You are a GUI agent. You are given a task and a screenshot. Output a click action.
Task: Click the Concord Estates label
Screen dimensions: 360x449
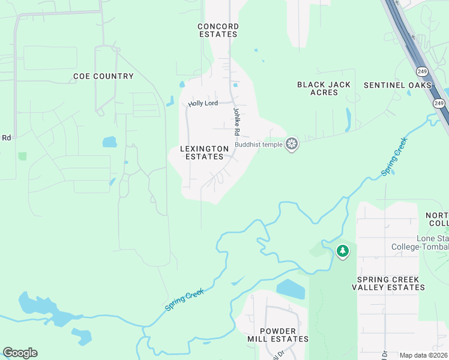(218, 30)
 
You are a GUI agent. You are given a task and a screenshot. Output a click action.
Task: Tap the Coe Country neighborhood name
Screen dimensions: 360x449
(103, 76)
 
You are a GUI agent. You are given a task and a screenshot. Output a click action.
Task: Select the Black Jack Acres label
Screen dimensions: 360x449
(324, 88)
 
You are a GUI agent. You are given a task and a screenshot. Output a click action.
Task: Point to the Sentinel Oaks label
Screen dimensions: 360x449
(397, 85)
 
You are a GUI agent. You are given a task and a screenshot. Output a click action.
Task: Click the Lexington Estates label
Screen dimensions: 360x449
(204, 152)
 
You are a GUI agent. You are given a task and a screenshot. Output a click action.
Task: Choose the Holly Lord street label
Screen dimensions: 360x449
(202, 104)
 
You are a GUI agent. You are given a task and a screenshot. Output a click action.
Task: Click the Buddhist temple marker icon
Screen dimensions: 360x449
(292, 143)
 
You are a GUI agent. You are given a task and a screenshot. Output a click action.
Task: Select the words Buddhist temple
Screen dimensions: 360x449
(259, 144)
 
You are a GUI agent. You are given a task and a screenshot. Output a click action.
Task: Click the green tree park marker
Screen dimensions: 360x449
(342, 251)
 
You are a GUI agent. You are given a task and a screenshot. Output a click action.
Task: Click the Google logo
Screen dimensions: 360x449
(20, 353)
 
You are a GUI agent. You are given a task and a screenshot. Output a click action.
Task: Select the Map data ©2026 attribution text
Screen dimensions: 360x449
(423, 355)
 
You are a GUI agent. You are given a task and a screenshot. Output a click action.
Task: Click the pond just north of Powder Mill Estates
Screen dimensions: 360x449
(291, 289)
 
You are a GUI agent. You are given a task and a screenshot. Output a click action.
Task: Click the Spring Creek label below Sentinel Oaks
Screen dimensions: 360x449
(394, 157)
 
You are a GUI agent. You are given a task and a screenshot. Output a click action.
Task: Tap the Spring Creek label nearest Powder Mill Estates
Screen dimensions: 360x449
(185, 299)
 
